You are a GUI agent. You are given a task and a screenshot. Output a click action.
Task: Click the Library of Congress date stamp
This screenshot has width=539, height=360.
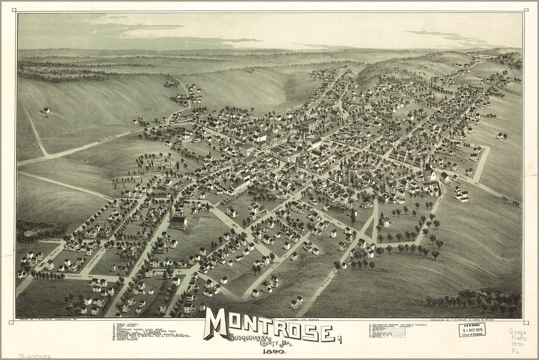[x=472, y=330]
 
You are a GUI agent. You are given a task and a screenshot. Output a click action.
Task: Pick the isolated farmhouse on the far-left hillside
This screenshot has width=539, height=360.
[x=46, y=110]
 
